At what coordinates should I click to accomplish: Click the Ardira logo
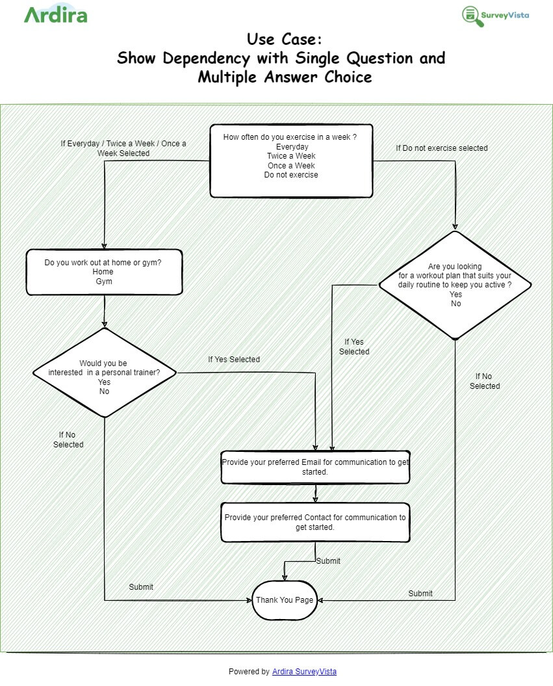click(55, 14)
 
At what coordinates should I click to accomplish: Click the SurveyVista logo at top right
click(495, 16)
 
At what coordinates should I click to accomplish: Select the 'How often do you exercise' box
click(291, 160)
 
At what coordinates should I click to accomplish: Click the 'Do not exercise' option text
click(291, 175)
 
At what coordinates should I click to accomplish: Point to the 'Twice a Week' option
click(291, 156)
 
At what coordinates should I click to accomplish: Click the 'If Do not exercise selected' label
click(441, 148)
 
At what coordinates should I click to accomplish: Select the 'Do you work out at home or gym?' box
click(104, 272)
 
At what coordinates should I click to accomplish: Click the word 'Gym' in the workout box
click(104, 282)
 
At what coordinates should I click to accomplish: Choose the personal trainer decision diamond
click(105, 373)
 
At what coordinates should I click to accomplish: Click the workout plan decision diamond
click(456, 285)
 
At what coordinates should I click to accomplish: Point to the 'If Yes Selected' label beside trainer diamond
click(234, 360)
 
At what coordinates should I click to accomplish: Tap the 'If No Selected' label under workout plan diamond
click(485, 381)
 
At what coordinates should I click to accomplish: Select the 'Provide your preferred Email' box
click(315, 467)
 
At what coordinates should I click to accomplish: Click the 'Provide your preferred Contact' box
click(315, 522)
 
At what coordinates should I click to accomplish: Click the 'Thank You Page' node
click(285, 600)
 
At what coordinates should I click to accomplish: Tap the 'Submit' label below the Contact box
click(328, 561)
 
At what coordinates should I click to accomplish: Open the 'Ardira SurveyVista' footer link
click(304, 672)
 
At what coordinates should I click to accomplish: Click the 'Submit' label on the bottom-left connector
click(141, 587)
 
